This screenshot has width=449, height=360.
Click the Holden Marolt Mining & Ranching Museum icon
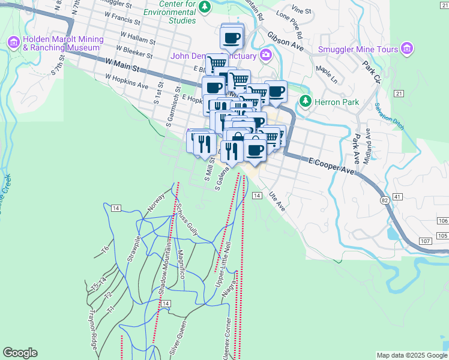coord(13,42)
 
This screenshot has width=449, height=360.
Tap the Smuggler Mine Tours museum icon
coord(407,47)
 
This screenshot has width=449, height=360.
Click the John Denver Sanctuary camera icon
coord(265,56)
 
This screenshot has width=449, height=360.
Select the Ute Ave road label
coord(276,200)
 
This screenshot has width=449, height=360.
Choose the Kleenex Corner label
coord(227,338)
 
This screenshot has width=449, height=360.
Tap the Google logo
coord(20,353)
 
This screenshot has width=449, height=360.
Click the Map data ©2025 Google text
coord(412,355)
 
